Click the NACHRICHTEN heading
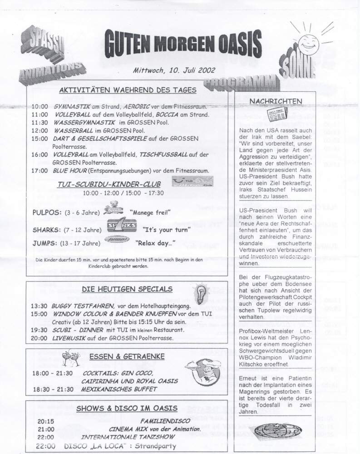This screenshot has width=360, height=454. pyautogui.click(x=276, y=101)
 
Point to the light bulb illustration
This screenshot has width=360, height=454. pyautogui.click(x=201, y=292)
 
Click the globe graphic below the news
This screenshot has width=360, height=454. pyautogui.click(x=274, y=429)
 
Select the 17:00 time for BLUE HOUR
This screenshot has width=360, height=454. pyautogui.click(x=40, y=171)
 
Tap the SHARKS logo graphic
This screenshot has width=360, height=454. pyautogui.click(x=122, y=227)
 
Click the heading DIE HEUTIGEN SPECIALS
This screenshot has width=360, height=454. pyautogui.click(x=127, y=289)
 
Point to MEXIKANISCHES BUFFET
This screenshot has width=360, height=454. pyautogui.click(x=118, y=389)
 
